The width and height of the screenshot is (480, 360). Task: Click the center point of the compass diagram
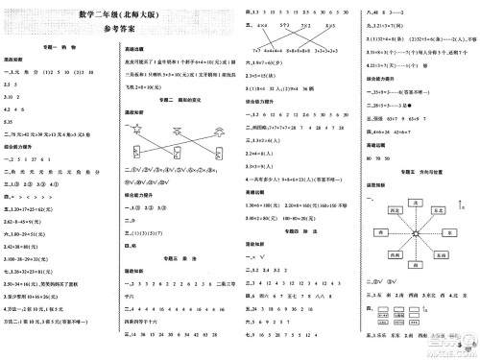417,231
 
